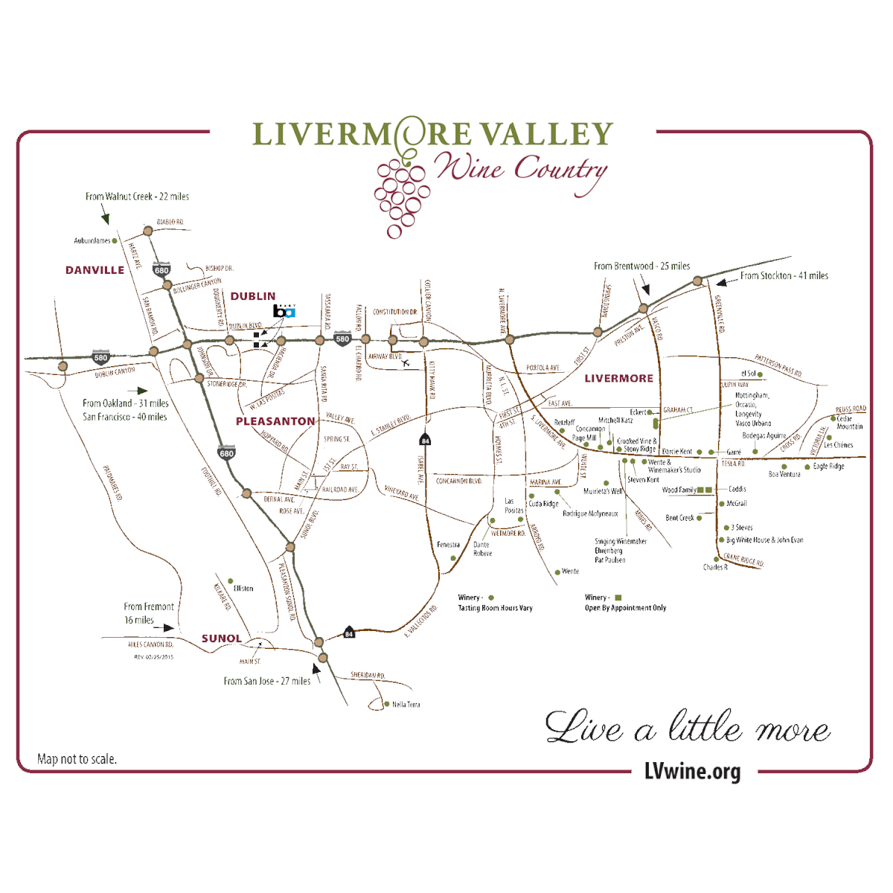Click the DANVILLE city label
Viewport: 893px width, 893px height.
tap(95, 270)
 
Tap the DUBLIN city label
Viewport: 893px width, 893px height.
tap(252, 296)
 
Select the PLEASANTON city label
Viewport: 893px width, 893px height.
tap(275, 421)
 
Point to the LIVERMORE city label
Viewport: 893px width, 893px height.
tap(618, 378)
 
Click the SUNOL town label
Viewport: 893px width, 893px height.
tap(221, 638)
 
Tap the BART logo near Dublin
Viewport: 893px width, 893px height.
tap(284, 311)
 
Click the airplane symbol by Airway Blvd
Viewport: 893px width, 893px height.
tap(406, 363)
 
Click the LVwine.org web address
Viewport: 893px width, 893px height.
tap(692, 772)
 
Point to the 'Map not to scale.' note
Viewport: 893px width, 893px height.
tap(77, 759)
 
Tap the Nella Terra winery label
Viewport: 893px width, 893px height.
tap(406, 704)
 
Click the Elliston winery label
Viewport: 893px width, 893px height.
tap(243, 588)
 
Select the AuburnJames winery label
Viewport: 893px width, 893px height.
tap(92, 240)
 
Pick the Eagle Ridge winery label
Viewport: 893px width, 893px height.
tap(828, 467)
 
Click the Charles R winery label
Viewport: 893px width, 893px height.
tap(714, 567)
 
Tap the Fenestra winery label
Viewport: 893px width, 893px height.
tap(448, 545)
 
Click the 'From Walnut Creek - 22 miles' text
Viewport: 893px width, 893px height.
tap(137, 196)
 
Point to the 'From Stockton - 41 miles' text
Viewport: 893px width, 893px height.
tap(784, 275)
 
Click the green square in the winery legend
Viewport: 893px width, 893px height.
tap(618, 598)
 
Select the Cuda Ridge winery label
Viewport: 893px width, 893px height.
tap(543, 504)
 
